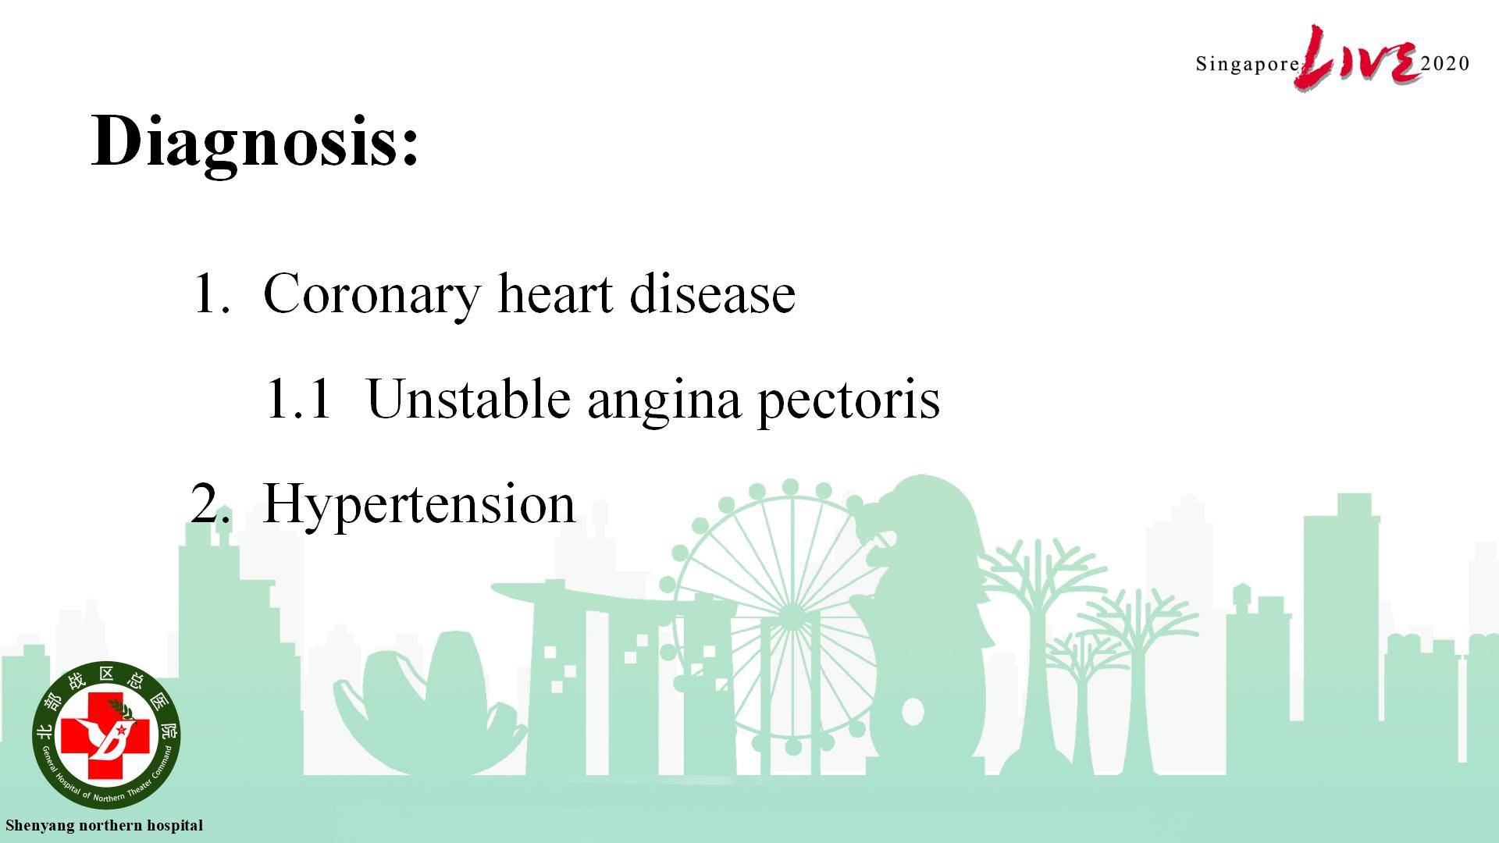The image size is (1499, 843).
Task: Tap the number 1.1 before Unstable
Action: coord(299,400)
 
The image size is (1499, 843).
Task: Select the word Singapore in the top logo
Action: coord(1247,65)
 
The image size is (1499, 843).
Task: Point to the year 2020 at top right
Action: coord(1446,63)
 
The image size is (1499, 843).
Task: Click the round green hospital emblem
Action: coord(106,735)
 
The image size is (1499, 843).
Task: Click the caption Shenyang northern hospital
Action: coord(104,826)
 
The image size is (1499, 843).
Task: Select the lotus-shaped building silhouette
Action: coord(429,702)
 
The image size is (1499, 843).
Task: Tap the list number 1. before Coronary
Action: coord(211,293)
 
